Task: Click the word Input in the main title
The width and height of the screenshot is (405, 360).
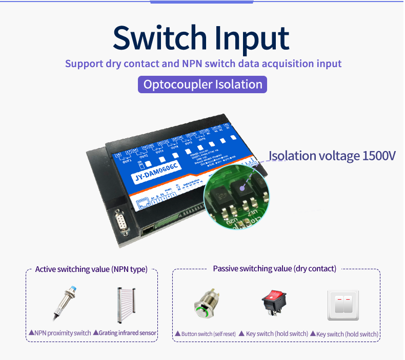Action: (251, 38)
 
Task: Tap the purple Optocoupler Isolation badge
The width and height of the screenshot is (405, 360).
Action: (202, 84)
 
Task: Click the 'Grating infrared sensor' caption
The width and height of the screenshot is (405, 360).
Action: (128, 333)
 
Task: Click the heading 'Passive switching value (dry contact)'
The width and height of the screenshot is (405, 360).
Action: (274, 269)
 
